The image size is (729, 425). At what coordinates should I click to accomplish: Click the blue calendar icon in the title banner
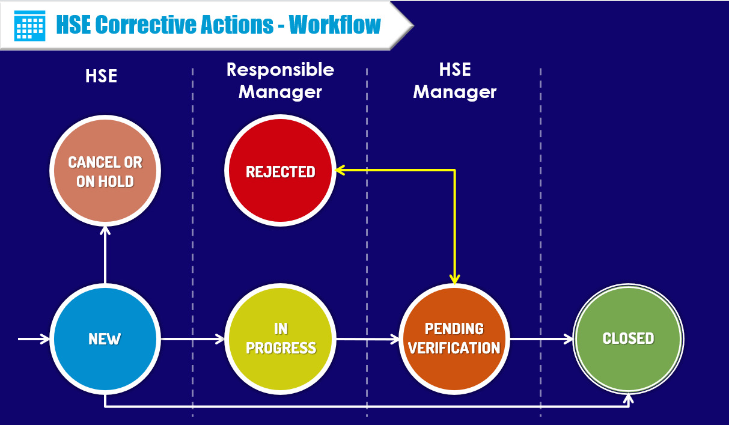(29, 25)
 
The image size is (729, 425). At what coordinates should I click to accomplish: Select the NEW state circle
(105, 339)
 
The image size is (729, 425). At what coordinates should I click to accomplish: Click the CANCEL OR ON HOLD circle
(105, 171)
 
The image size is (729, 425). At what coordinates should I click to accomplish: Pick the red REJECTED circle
(280, 171)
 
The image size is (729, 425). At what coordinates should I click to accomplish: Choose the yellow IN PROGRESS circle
(280, 339)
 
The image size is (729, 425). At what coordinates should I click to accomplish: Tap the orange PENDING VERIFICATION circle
(454, 339)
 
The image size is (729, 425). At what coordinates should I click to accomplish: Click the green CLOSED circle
(628, 339)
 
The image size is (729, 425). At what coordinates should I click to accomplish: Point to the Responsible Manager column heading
(280, 81)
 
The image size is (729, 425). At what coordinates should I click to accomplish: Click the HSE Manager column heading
(454, 81)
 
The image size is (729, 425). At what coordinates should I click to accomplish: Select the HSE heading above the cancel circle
(101, 76)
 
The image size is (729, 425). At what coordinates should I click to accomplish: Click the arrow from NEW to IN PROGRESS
(192, 340)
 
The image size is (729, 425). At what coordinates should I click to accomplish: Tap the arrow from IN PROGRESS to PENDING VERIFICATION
(367, 340)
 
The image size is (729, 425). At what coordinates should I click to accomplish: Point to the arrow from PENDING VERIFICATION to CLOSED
(541, 340)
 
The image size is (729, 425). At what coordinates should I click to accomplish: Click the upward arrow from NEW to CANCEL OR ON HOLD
(105, 255)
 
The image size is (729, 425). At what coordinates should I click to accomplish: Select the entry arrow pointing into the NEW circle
(34, 340)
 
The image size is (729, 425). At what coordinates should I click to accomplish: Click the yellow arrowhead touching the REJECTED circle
(340, 170)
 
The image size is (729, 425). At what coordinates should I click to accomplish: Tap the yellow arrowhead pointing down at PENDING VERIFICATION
(455, 279)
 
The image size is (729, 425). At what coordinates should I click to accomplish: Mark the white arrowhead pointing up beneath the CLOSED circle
(629, 399)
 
